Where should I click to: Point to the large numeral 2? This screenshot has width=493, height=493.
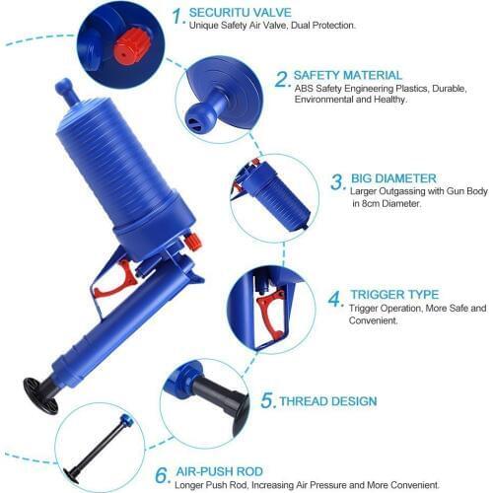point(281,79)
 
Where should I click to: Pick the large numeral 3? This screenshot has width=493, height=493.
point(336,181)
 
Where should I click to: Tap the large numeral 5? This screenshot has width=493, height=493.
point(267,401)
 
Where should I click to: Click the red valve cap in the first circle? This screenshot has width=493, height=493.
point(128,45)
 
